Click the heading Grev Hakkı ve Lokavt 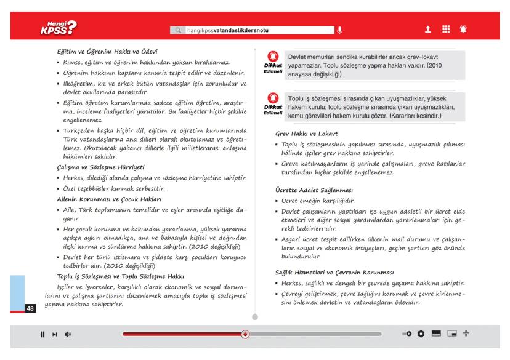(308, 134)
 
